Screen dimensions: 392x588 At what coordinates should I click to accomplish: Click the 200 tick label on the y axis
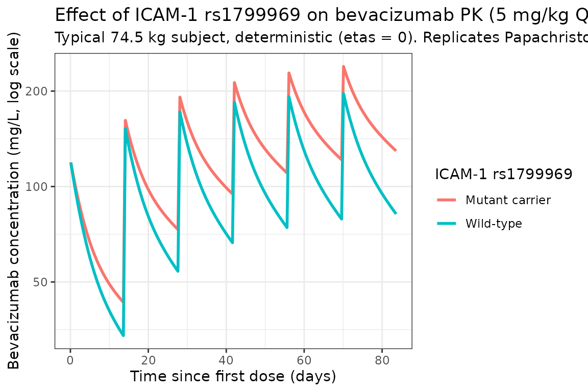click(x=41, y=91)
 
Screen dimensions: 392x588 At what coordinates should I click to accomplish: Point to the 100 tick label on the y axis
click(x=41, y=187)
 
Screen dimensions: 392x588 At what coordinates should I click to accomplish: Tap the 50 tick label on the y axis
click(x=43, y=282)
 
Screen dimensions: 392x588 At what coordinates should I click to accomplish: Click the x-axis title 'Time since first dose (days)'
click(x=233, y=377)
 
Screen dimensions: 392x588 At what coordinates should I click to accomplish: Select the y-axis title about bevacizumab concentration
click(x=14, y=202)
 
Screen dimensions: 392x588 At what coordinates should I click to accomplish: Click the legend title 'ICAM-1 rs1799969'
click(x=503, y=175)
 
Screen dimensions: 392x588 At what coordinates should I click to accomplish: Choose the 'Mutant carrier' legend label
click(x=508, y=200)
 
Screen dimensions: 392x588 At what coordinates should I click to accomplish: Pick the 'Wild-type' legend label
click(x=494, y=224)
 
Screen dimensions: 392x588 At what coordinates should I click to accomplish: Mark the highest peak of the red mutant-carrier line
click(x=344, y=66)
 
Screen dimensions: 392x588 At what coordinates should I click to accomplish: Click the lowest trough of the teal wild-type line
click(x=123, y=335)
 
